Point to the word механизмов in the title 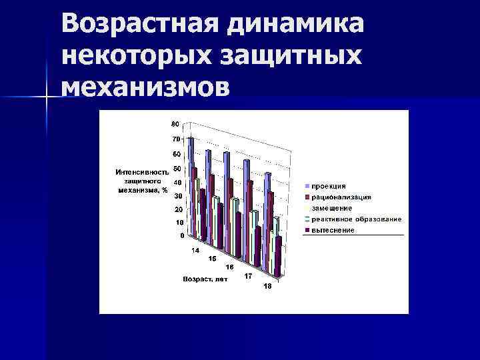click(147, 87)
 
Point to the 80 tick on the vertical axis click(175, 124)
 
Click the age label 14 click(195, 251)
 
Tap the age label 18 click(267, 286)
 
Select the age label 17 click(247, 275)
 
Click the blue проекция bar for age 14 click(191, 187)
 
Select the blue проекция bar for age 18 click(267, 220)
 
